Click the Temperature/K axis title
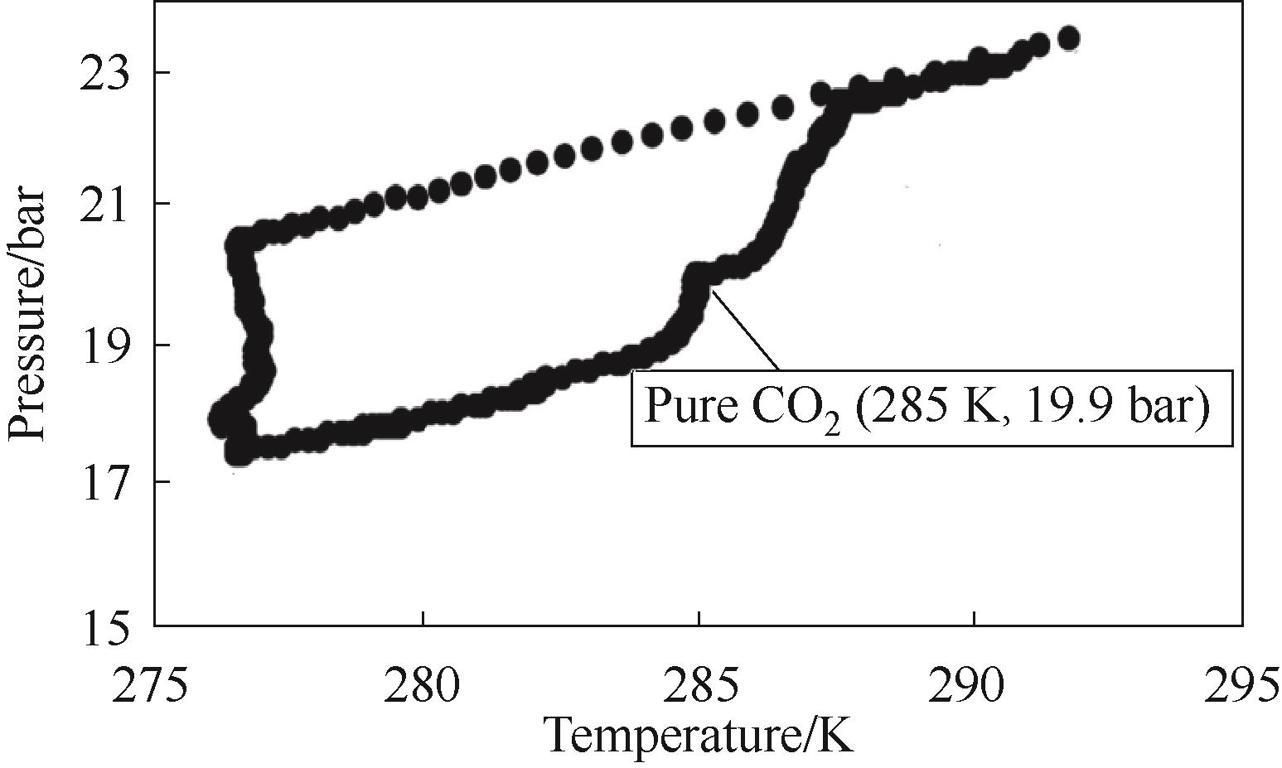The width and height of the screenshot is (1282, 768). (x=698, y=732)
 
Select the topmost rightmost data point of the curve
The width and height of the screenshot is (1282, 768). (x=1069, y=38)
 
